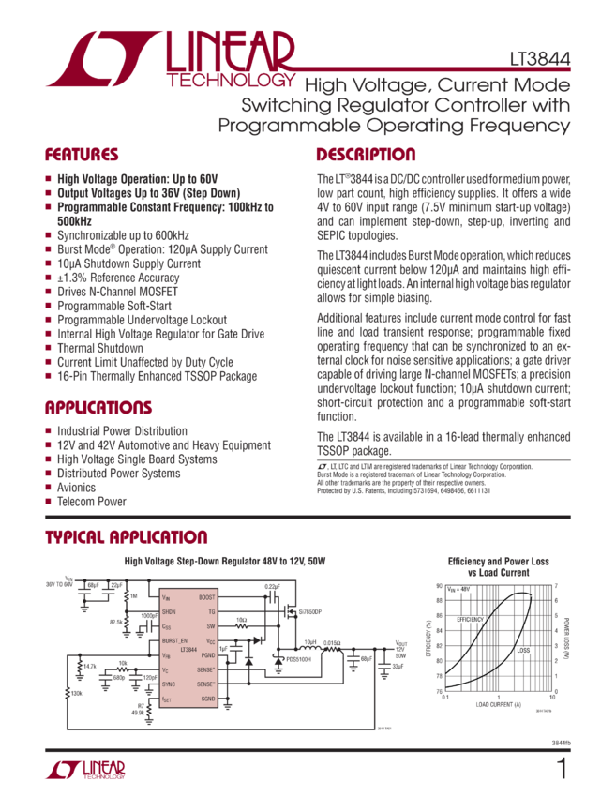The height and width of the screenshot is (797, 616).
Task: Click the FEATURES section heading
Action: pyautogui.click(x=83, y=156)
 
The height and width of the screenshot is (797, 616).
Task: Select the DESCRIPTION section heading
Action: pyautogui.click(x=365, y=156)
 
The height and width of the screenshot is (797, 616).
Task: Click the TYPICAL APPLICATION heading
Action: pyautogui.click(x=127, y=538)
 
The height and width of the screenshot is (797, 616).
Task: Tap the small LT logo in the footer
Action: pyautogui.click(x=85, y=771)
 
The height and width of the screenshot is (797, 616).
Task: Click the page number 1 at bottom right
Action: pyautogui.click(x=563, y=770)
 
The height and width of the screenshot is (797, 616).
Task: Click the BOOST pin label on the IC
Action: pyautogui.click(x=204, y=596)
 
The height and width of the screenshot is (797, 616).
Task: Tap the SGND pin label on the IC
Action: pyautogui.click(x=207, y=699)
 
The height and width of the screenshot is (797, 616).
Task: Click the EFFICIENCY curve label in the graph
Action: pyautogui.click(x=471, y=621)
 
